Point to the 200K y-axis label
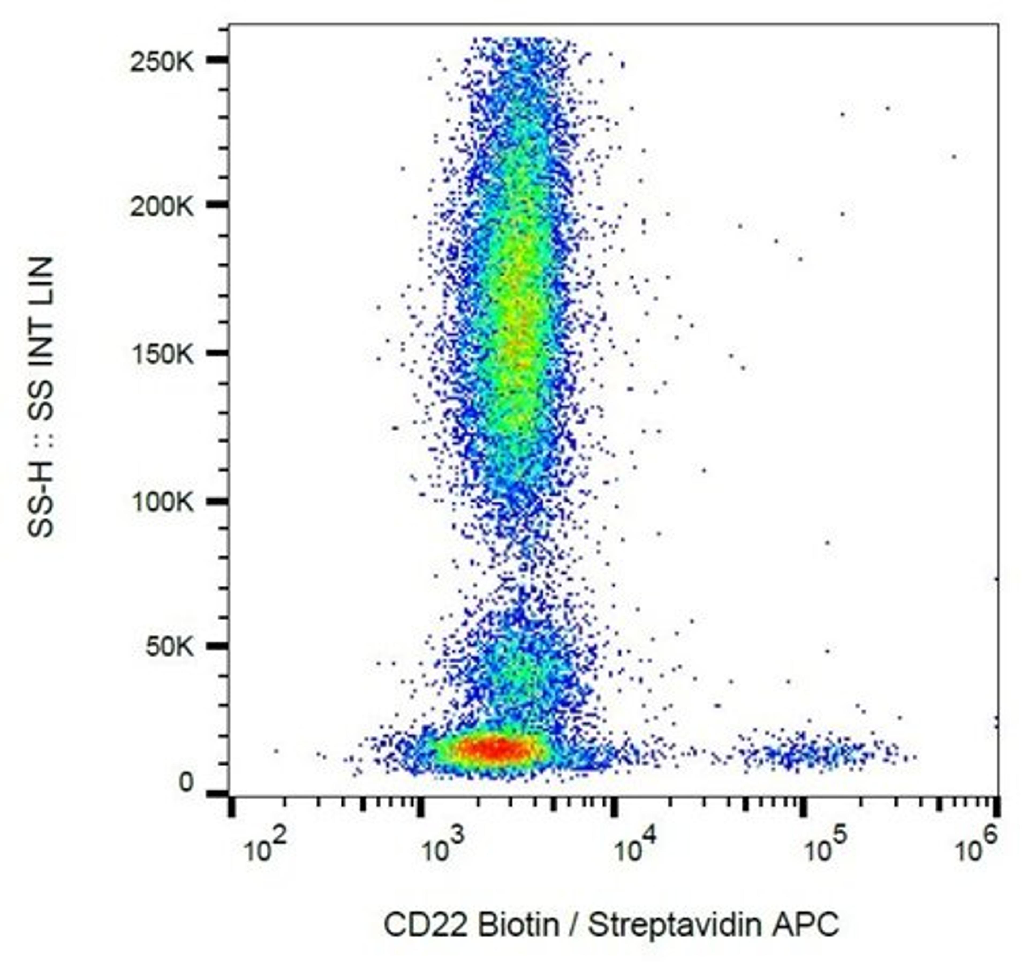click(x=161, y=207)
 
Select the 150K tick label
click(x=161, y=355)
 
